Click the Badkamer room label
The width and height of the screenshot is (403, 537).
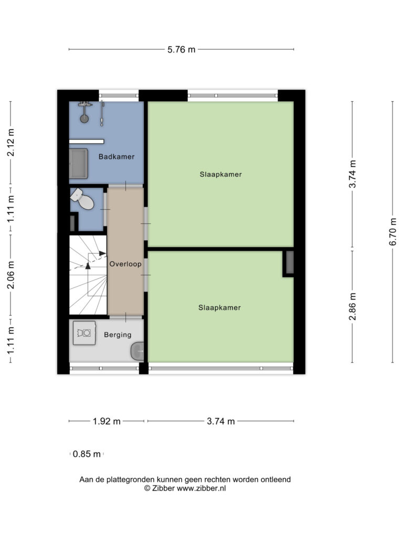click(x=116, y=156)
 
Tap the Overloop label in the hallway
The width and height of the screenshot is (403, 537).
click(x=125, y=264)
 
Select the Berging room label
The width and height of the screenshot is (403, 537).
click(x=118, y=335)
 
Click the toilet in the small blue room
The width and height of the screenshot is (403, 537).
click(x=82, y=199)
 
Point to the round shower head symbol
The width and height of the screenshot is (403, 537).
click(x=84, y=119)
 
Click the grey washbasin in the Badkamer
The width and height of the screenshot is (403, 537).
click(x=79, y=164)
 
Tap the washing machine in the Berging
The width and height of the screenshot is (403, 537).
click(x=84, y=332)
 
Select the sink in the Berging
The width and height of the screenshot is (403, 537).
click(x=137, y=351)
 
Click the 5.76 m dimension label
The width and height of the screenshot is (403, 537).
click(x=181, y=50)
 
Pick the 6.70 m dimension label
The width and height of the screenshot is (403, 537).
click(x=393, y=232)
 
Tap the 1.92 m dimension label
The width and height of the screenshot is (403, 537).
click(x=107, y=421)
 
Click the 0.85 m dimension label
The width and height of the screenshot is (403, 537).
click(x=87, y=454)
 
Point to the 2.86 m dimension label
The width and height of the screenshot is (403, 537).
click(x=352, y=306)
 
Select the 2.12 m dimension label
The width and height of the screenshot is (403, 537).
click(x=11, y=143)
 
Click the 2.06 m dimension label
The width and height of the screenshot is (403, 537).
click(x=11, y=275)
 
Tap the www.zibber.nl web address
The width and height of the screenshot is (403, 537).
click(x=201, y=489)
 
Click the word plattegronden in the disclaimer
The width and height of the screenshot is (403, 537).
click(x=130, y=480)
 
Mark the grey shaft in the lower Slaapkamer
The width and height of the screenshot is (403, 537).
click(x=290, y=262)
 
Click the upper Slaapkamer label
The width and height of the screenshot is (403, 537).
click(x=221, y=174)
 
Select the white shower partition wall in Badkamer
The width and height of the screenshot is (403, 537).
click(x=87, y=142)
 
